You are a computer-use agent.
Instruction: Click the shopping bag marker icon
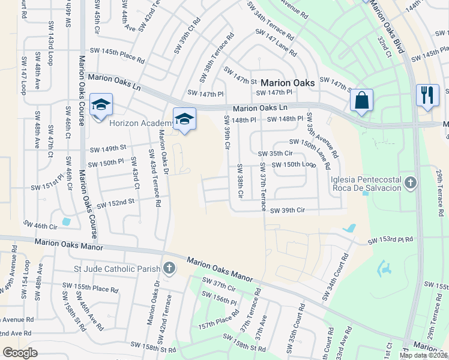[x=362, y=101]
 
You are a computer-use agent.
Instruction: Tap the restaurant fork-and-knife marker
[x=427, y=95]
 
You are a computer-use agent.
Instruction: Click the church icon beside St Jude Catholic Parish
[x=169, y=268]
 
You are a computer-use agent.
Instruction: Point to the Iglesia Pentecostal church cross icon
[x=411, y=182]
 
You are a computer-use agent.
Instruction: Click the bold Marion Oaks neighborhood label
[x=288, y=83]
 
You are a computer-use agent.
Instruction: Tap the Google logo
[x=20, y=353]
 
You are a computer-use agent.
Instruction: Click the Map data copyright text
[x=424, y=355]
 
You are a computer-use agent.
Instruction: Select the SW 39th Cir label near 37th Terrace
[x=288, y=211]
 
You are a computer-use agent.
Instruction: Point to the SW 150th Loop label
[x=294, y=164]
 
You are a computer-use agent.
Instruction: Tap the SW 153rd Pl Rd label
[x=390, y=240]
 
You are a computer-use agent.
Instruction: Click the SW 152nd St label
[x=113, y=203]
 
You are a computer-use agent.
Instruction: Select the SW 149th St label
[x=108, y=148]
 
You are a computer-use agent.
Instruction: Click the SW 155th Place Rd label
[x=97, y=289]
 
